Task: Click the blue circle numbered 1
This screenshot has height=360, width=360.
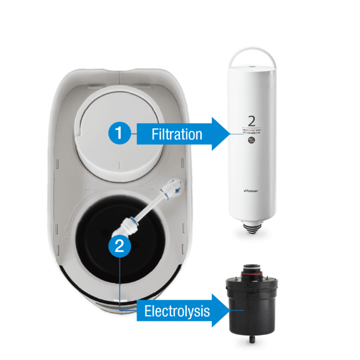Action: coord(119,133)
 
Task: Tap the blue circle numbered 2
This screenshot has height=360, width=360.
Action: coord(119,246)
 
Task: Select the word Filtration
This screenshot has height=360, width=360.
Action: coord(176,134)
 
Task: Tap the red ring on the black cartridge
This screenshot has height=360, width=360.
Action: coord(253,272)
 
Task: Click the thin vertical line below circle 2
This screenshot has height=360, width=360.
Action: coord(119,282)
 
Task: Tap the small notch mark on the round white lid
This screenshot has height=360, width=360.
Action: coord(119,166)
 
